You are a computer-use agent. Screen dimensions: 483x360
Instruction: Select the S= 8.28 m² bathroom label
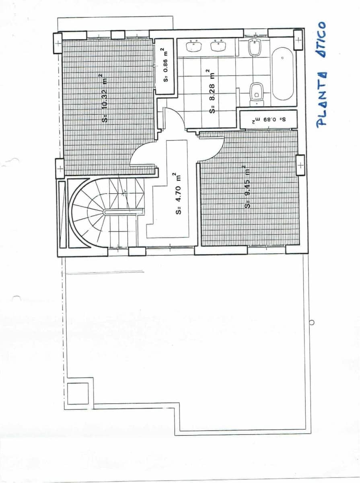(211, 91)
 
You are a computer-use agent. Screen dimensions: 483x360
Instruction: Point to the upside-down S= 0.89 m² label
(268, 120)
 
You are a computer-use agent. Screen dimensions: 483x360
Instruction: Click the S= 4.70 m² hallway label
(177, 194)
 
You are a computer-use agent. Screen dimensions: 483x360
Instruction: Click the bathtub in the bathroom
(283, 74)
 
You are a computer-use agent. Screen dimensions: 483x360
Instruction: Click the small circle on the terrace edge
(311, 322)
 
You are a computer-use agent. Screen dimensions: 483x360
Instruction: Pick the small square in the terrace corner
(78, 393)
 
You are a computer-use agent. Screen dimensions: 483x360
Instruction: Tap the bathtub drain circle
(282, 58)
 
